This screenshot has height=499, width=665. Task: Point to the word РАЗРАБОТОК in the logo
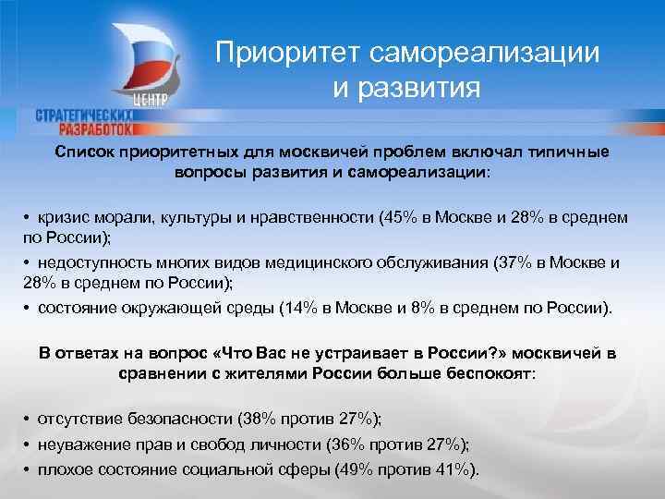pyautogui.click(x=103, y=129)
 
